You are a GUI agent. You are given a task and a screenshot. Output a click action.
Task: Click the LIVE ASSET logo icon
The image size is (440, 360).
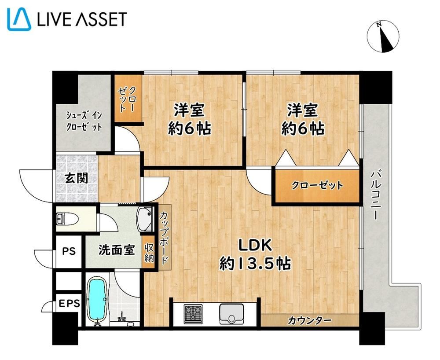[19, 19]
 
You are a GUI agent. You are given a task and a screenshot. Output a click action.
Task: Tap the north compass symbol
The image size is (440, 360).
[383, 37]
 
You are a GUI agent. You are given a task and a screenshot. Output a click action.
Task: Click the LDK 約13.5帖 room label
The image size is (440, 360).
[255, 254]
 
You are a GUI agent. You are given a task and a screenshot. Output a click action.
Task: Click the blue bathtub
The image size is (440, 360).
[97, 300]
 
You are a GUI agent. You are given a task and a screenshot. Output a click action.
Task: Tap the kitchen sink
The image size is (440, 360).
[231, 314]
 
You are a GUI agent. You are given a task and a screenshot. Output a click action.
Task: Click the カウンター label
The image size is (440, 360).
[309, 320]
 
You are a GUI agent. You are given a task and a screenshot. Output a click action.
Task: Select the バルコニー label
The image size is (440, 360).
[376, 194]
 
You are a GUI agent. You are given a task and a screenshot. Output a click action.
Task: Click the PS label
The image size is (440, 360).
[69, 251]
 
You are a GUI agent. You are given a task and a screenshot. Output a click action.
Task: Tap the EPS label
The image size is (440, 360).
[70, 304]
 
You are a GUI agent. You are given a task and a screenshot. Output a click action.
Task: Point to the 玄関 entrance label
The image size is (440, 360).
[76, 178]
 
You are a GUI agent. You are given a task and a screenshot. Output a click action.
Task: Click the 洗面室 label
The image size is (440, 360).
[117, 250]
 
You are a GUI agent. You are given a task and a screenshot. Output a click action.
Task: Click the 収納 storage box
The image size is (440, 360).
[149, 253]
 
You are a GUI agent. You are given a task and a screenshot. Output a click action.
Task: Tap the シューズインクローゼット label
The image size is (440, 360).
[84, 121]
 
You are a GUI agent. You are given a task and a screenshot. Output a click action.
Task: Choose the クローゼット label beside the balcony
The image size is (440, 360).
[317, 185]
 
